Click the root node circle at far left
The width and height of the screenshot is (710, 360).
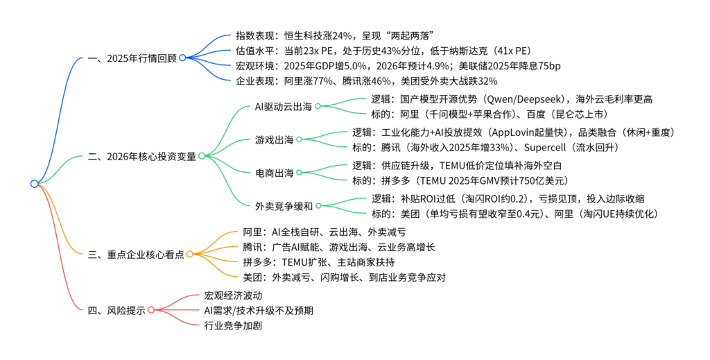[35, 184]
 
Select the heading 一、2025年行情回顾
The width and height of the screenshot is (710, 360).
[132, 58]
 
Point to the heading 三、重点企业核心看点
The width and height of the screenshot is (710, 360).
[137, 255]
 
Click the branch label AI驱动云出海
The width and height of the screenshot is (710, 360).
[282, 106]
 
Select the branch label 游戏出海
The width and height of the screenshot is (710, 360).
[273, 139]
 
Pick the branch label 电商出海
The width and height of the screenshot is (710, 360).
[273, 172]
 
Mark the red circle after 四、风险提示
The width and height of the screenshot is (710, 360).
[152, 310]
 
